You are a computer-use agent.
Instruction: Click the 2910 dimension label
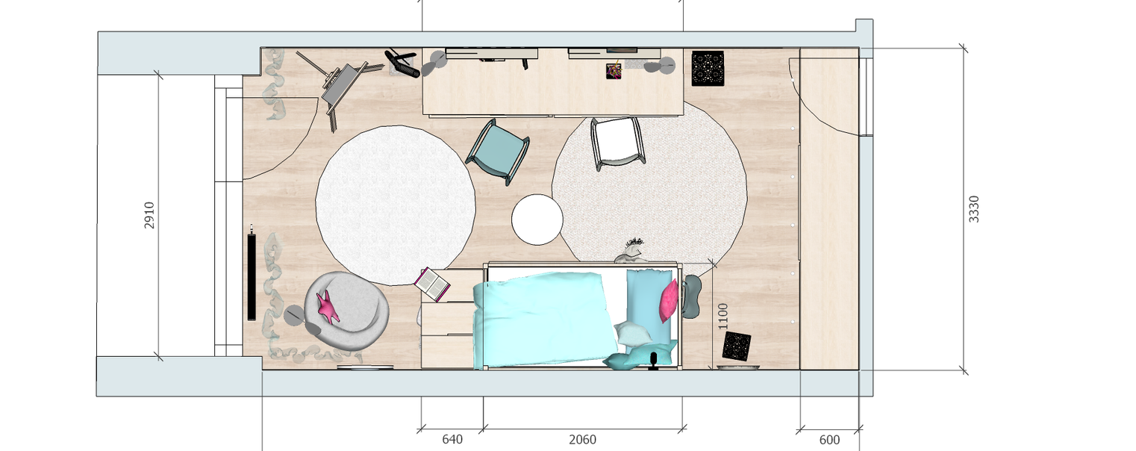(x=149, y=216)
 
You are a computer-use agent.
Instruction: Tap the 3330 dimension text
(x=974, y=209)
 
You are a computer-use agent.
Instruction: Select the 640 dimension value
(x=452, y=439)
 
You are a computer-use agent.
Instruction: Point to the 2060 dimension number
(x=582, y=439)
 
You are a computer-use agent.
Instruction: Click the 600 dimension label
(x=829, y=440)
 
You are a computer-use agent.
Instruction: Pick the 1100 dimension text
(x=723, y=316)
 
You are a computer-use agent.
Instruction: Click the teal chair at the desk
(x=498, y=151)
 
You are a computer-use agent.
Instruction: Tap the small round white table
(x=537, y=220)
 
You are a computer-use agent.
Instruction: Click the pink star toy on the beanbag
(x=328, y=307)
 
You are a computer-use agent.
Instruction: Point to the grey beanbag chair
(x=347, y=311)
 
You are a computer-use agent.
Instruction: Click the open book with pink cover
(x=432, y=284)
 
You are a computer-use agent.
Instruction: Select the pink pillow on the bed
(x=669, y=300)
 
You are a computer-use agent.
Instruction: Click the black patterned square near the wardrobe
(x=708, y=68)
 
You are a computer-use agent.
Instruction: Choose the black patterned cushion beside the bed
(x=737, y=346)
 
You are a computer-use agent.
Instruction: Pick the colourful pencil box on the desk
(x=614, y=70)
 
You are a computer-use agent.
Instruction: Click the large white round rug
(x=396, y=205)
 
